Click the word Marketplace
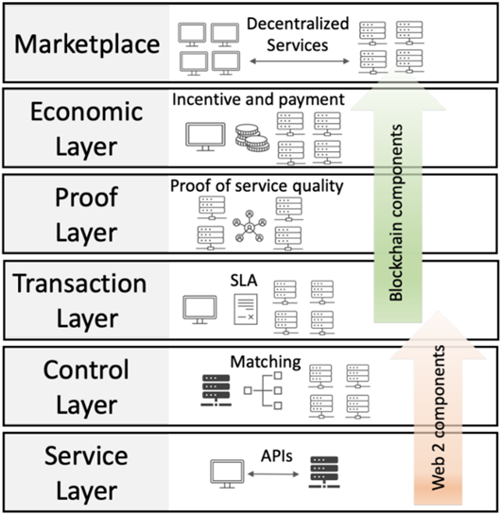pyautogui.click(x=87, y=44)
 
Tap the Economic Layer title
pyautogui.click(x=87, y=129)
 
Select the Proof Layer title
pyautogui.click(x=86, y=215)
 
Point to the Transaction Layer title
pyautogui.click(x=79, y=300)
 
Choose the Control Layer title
pyautogui.click(x=86, y=387)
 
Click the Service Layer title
pyautogui.click(x=86, y=473)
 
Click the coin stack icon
pyautogui.click(x=252, y=138)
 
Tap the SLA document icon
pyautogui.click(x=246, y=309)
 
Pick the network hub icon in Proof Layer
pyautogui.click(x=250, y=226)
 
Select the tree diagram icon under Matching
pyautogui.click(x=263, y=390)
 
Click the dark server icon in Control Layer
pyautogui.click(x=216, y=390)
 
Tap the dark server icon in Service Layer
pyautogui.click(x=324, y=472)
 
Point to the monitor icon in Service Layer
pyautogui.click(x=227, y=473)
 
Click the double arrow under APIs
pyautogui.click(x=273, y=474)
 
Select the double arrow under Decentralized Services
pyautogui.click(x=300, y=61)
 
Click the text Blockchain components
pyautogui.click(x=395, y=213)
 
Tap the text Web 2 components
pyautogui.click(x=439, y=418)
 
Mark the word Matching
pyautogui.click(x=266, y=362)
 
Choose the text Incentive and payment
pyautogui.click(x=258, y=99)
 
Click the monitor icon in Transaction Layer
pyautogui.click(x=199, y=310)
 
